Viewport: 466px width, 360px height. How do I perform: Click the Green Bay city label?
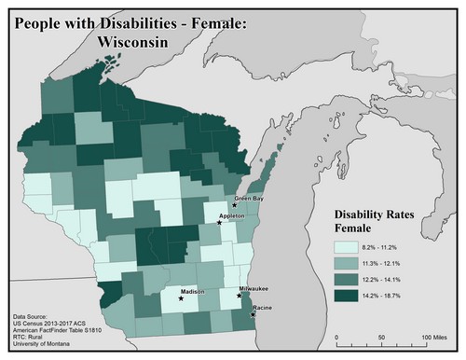tap(249, 198)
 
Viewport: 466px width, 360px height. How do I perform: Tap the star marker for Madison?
tap(181, 299)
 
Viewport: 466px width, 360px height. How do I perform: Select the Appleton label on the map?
tap(231, 215)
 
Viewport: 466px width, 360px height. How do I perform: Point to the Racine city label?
tap(263, 309)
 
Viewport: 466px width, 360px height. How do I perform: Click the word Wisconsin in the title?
tap(131, 42)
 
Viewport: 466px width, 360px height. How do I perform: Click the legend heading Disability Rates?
tap(376, 214)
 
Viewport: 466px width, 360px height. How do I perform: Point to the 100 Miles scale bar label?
tap(435, 336)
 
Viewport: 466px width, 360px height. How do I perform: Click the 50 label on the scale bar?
tap(381, 336)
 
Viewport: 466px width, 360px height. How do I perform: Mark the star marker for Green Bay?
tap(235, 204)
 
